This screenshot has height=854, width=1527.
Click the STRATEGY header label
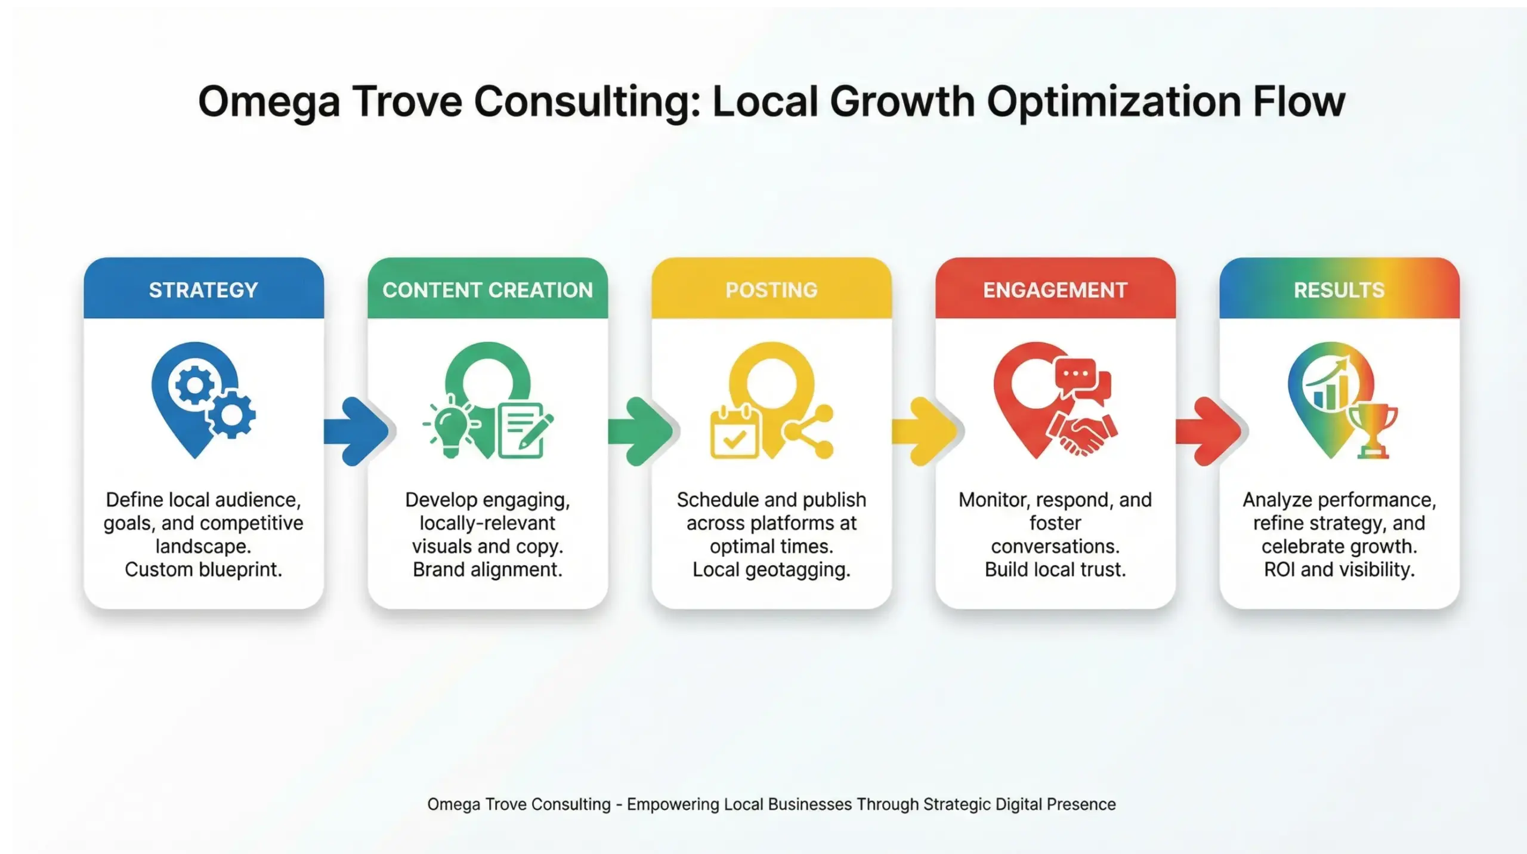(203, 290)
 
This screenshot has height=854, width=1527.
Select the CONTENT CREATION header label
(487, 290)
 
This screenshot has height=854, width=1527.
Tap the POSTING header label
(771, 290)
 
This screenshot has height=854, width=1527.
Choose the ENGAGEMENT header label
(1055, 290)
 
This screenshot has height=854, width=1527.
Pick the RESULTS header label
(1339, 290)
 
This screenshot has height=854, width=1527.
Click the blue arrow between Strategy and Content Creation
(358, 431)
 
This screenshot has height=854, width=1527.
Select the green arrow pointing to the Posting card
(642, 431)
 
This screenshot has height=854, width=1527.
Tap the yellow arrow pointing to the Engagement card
(926, 431)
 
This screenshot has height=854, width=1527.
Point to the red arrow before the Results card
(1210, 431)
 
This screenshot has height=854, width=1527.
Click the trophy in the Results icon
(1373, 430)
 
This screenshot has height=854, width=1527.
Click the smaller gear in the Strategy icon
(231, 414)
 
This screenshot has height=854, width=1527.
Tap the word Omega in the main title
(269, 102)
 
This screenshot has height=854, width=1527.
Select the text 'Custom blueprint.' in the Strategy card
(203, 569)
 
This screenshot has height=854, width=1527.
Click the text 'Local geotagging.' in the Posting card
(771, 569)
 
